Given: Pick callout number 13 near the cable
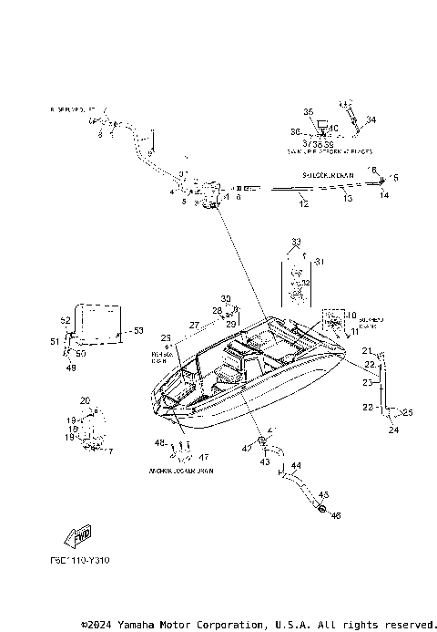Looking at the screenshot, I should (x=345, y=197).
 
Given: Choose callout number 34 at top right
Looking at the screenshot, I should (x=371, y=119).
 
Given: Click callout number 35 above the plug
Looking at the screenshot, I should (x=308, y=111).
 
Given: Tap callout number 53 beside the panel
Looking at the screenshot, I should (x=139, y=330).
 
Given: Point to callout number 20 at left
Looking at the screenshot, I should (x=85, y=400).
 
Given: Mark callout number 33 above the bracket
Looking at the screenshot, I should (x=295, y=242).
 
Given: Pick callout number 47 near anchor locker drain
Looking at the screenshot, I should (x=203, y=457).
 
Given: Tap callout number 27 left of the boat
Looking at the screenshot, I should (x=194, y=325).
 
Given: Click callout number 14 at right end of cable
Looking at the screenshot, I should (x=383, y=195).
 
